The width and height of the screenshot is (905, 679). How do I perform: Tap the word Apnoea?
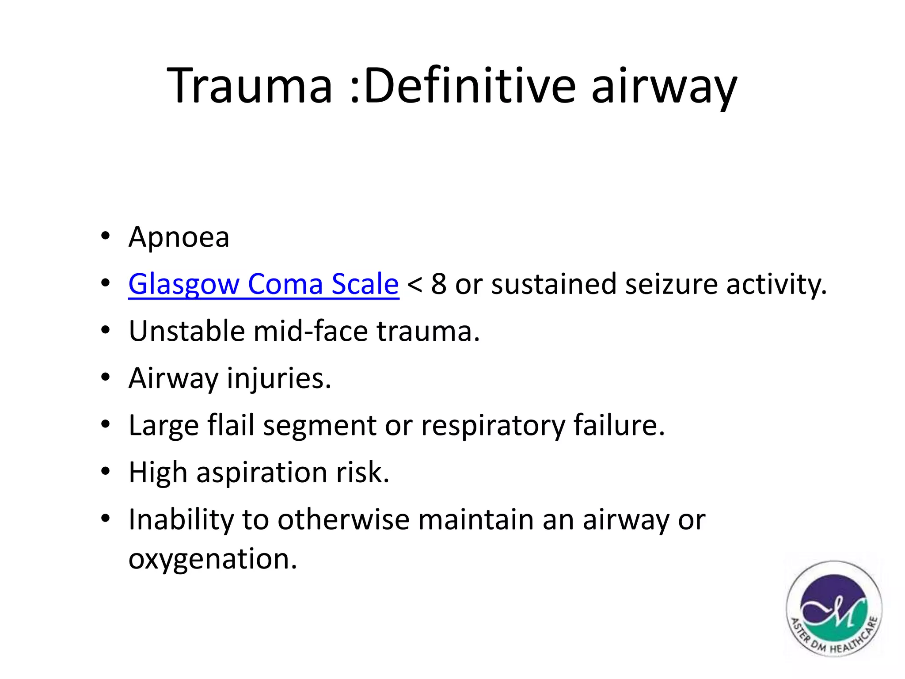click(x=179, y=237)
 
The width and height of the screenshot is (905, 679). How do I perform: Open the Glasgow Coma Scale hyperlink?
click(x=263, y=284)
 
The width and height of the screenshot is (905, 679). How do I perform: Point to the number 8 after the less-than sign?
click(x=438, y=284)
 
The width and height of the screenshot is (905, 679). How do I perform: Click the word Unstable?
click(x=186, y=331)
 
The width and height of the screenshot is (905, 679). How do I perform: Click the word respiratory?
click(x=493, y=426)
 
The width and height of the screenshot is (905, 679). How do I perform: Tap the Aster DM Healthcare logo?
click(x=833, y=609)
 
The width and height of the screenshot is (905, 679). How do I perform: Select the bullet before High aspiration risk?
click(x=105, y=472)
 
